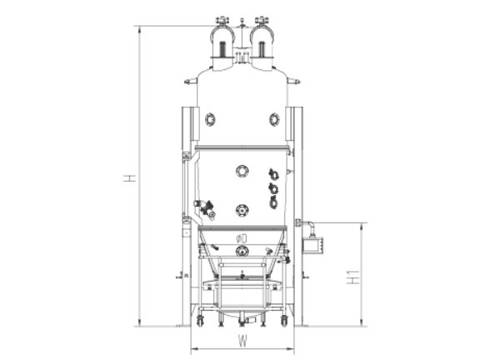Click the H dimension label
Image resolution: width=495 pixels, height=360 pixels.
[x=129, y=178]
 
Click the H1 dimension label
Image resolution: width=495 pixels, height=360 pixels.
[x=353, y=277]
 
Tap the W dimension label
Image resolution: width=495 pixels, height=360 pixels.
[x=242, y=341]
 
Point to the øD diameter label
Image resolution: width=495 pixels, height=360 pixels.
[x=242, y=238]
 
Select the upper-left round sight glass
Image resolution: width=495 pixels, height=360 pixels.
[x=210, y=120]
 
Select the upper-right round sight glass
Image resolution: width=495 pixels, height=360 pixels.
[x=274, y=120]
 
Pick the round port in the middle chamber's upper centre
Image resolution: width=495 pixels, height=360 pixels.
[x=242, y=171]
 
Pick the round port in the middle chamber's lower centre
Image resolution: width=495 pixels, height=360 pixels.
[x=242, y=210]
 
